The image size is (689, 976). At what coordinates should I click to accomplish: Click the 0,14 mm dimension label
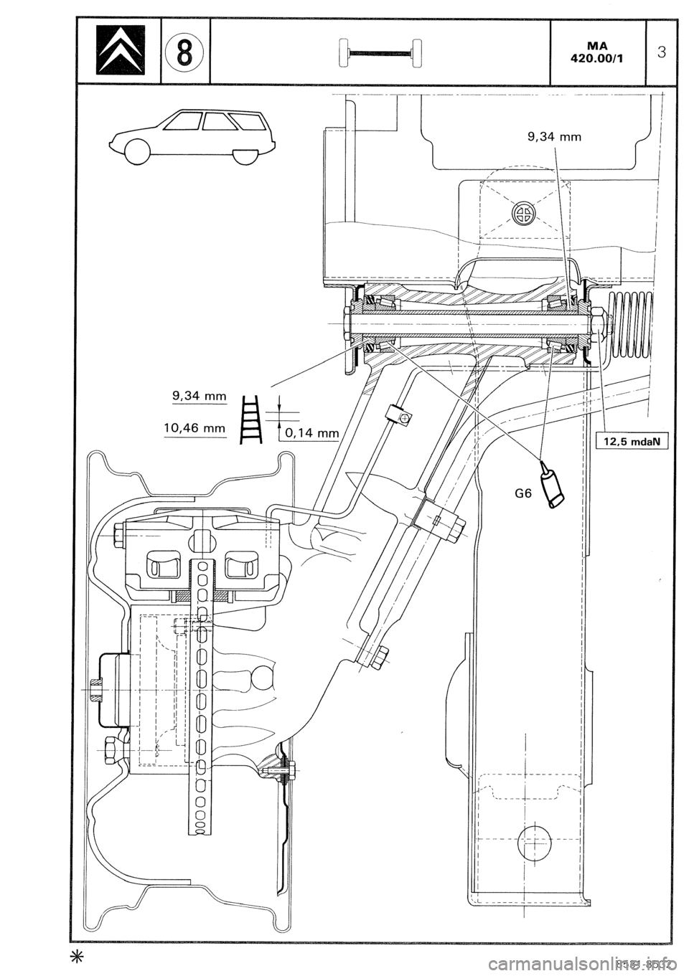[311, 432]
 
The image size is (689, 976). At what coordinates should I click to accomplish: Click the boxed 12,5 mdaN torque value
[632, 441]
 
